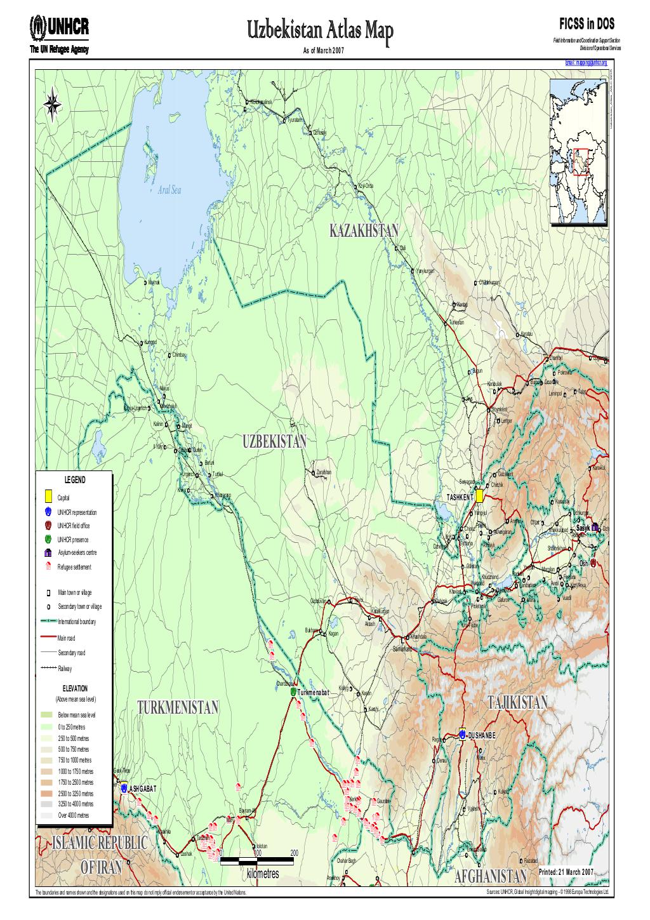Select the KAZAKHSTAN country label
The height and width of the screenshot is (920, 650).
tap(364, 230)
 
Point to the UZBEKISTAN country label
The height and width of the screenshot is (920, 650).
tap(274, 441)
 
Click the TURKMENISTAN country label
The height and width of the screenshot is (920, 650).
tap(178, 708)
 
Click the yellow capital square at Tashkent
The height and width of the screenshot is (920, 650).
tap(481, 495)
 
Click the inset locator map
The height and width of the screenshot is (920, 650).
tap(578, 152)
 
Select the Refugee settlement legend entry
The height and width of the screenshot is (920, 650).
tap(74, 567)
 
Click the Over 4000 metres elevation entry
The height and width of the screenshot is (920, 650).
tap(73, 815)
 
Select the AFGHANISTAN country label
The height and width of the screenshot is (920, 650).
tap(491, 877)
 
